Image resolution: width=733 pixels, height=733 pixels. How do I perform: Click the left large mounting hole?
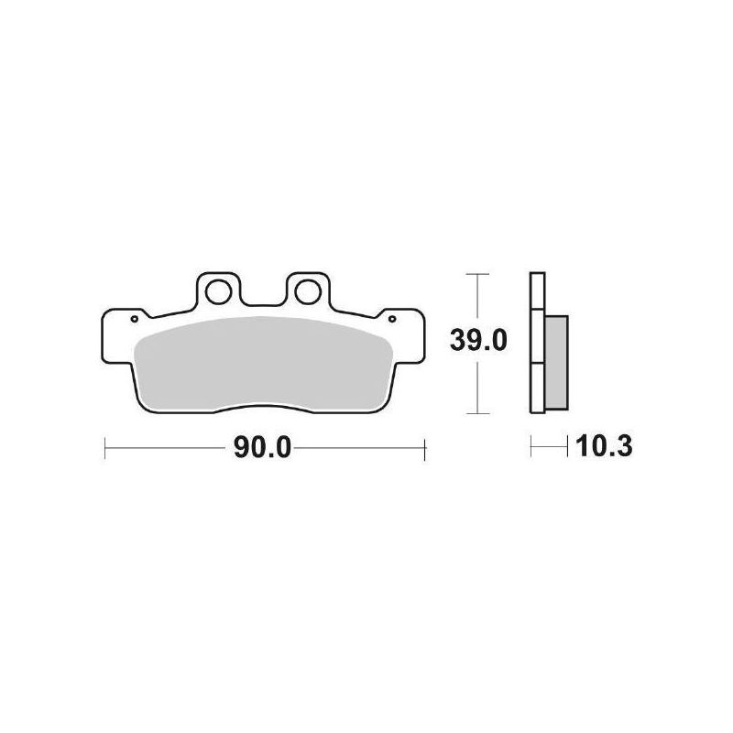[x=219, y=293]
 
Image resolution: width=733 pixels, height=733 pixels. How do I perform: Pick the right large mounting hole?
[x=307, y=293]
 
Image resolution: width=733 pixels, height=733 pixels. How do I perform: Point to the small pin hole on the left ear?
[x=135, y=320]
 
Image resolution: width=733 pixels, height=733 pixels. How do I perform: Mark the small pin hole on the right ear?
[x=393, y=320]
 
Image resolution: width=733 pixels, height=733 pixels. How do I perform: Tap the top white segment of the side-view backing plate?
[x=538, y=292]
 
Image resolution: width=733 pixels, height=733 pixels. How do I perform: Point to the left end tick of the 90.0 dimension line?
[x=106, y=448]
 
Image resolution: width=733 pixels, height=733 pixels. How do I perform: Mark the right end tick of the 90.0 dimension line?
[x=425, y=448]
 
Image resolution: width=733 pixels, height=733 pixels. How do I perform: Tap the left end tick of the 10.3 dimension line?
[x=531, y=448]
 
